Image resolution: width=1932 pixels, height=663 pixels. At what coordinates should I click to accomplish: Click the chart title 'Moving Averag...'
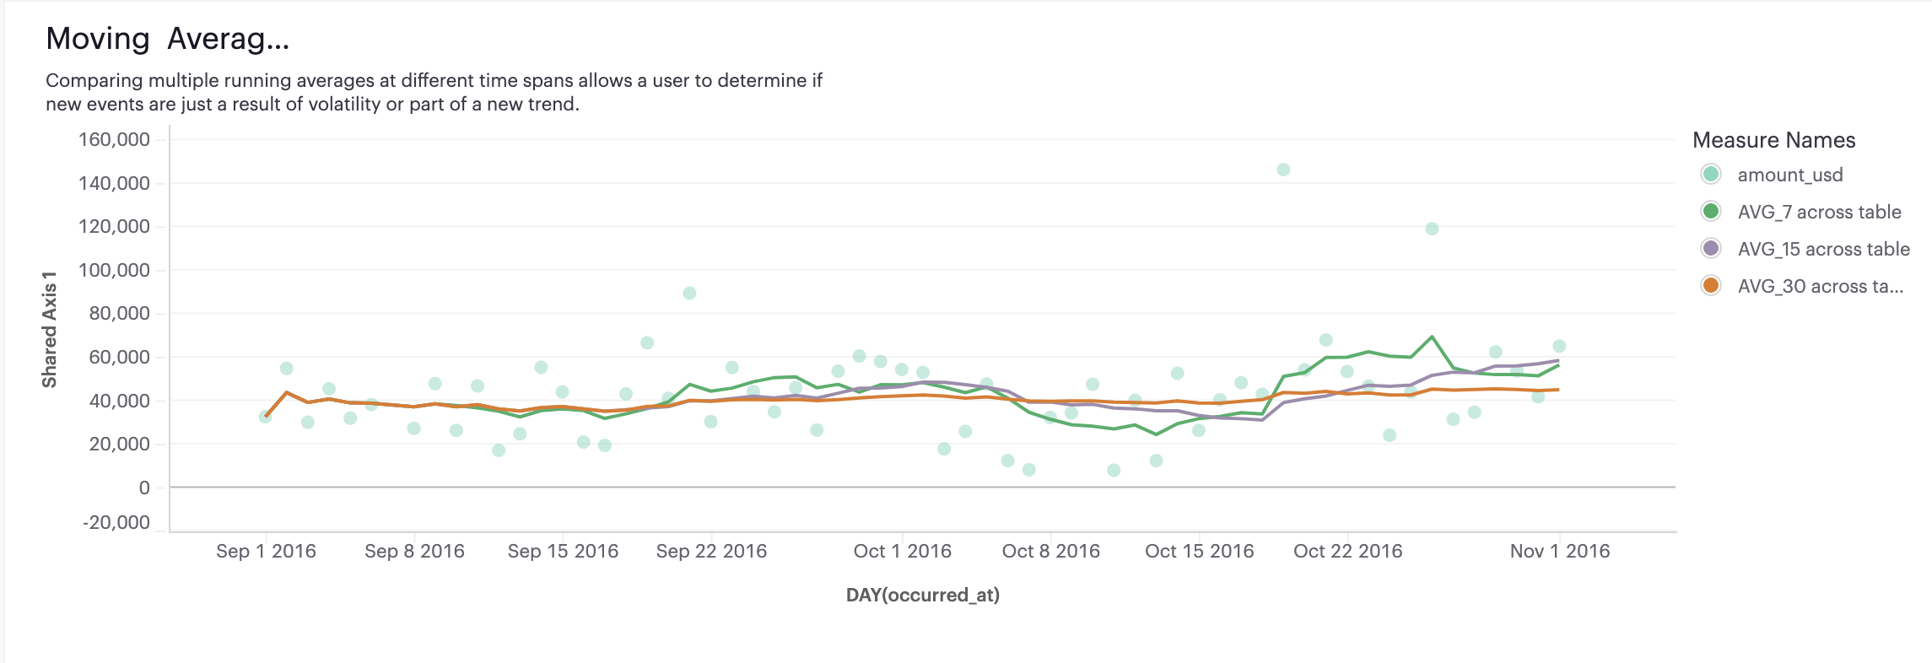click(167, 39)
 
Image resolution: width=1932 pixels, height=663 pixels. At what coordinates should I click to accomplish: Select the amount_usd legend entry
click(1789, 175)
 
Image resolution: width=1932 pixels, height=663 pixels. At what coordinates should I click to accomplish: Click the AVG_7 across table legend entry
click(1818, 212)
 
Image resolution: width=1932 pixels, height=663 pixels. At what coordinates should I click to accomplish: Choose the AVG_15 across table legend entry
click(1822, 249)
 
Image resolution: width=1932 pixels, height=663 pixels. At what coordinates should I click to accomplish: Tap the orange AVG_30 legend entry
click(1819, 286)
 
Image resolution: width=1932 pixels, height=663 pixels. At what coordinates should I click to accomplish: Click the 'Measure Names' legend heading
click(1773, 140)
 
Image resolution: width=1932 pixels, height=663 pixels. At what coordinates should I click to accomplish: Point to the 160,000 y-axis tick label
click(114, 139)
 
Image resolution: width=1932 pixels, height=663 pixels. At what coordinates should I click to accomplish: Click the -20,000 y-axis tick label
click(116, 522)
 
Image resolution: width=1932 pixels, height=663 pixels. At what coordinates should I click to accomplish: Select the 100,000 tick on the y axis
click(114, 270)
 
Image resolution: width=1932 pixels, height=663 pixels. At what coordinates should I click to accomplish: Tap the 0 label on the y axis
click(144, 488)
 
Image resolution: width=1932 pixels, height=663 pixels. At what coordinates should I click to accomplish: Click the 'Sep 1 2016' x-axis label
click(266, 551)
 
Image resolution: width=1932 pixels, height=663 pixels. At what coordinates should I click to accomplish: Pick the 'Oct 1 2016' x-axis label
click(902, 551)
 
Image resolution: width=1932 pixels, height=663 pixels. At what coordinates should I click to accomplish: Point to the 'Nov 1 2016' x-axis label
click(1559, 551)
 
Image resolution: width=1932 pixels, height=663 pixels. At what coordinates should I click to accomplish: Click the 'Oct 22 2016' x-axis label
click(1347, 551)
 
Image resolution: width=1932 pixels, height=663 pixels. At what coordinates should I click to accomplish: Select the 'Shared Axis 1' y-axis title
click(50, 330)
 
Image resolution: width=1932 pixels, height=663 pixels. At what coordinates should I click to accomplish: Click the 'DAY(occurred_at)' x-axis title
click(922, 595)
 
